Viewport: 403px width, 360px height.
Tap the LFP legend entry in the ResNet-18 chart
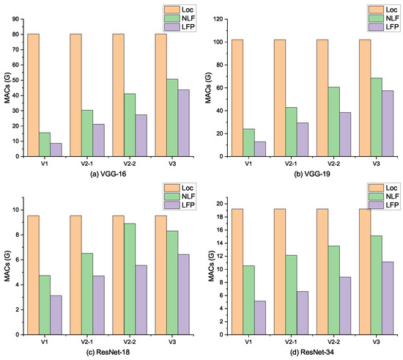[171, 206]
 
